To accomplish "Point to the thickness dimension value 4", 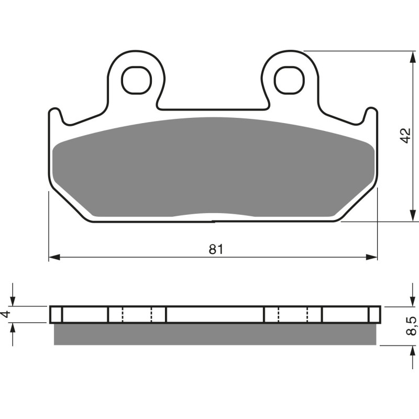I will point(6,314).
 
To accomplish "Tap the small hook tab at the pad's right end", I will point(370,115).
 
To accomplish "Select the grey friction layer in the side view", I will point(215,334).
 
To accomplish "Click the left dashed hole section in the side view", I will point(137,315).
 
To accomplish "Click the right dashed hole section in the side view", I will point(293,315).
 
